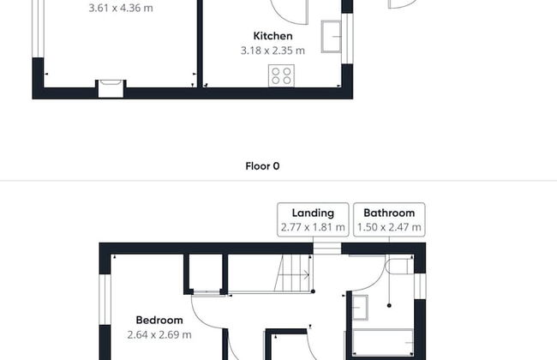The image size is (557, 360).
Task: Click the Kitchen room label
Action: (273, 36)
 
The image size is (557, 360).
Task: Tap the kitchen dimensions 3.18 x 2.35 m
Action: (273, 51)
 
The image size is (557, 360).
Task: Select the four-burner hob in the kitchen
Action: (281, 75)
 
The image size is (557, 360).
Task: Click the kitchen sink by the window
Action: (331, 37)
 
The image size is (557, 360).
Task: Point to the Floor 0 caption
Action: (262, 166)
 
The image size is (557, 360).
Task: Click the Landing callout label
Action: (313, 213)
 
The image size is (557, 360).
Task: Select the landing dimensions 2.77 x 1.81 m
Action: (313, 227)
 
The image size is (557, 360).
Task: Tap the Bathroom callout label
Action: (389, 213)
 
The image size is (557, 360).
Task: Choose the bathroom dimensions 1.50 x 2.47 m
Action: (389, 227)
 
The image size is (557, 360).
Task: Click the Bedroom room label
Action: (159, 321)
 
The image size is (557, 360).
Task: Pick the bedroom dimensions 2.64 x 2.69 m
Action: (159, 335)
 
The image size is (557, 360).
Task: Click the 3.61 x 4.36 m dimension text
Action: (121, 9)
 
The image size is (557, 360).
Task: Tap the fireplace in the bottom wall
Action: (111, 88)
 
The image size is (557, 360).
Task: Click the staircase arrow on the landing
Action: (293, 274)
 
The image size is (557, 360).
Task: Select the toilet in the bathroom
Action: (399, 267)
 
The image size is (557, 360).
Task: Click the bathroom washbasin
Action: (360, 308)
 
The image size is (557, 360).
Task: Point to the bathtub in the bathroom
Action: (383, 343)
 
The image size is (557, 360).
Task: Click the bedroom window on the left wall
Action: (105, 299)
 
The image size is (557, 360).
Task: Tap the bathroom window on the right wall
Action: (420, 286)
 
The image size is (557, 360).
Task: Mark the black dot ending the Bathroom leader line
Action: (389, 305)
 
